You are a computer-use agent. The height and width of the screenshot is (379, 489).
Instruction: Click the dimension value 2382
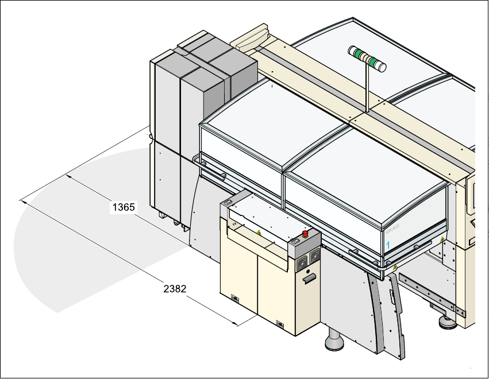click(x=175, y=289)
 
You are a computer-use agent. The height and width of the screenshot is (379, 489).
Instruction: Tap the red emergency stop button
click(x=305, y=233)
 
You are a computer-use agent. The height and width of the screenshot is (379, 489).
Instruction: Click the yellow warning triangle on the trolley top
click(x=259, y=233)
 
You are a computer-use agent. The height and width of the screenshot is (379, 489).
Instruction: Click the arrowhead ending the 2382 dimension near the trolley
click(x=236, y=324)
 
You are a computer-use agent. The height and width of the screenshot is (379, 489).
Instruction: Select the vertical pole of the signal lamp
click(x=365, y=86)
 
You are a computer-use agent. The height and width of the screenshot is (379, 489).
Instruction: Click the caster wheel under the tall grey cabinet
click(x=163, y=215)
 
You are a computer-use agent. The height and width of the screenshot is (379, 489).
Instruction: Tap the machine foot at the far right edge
click(x=446, y=322)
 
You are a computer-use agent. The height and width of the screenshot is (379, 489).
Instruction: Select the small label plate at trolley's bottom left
click(x=234, y=297)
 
